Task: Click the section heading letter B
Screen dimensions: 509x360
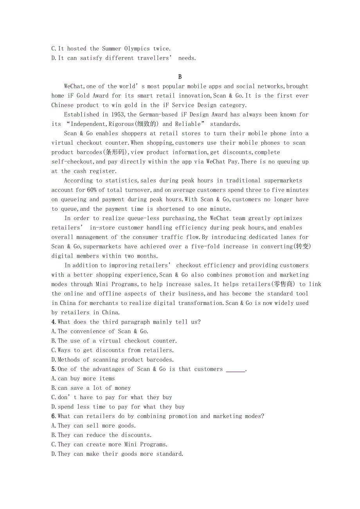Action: [x=180, y=77]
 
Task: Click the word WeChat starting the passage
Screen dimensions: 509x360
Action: [x=74, y=86]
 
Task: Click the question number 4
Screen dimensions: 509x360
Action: [x=53, y=322]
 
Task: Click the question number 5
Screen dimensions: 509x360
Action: [x=53, y=369]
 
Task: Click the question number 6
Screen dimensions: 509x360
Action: [x=53, y=416]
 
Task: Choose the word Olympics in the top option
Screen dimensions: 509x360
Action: [x=137, y=49]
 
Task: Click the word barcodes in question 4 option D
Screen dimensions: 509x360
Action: [x=160, y=360]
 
